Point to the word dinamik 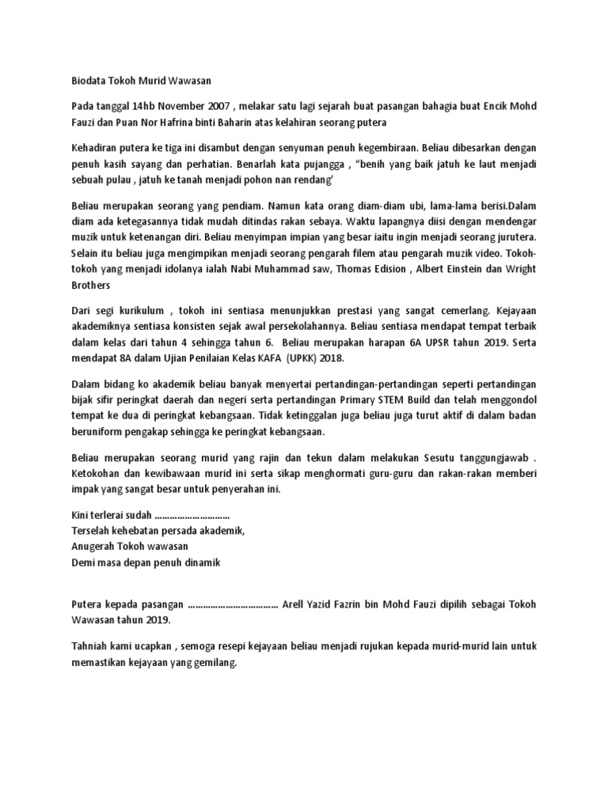pyautogui.click(x=199, y=563)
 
